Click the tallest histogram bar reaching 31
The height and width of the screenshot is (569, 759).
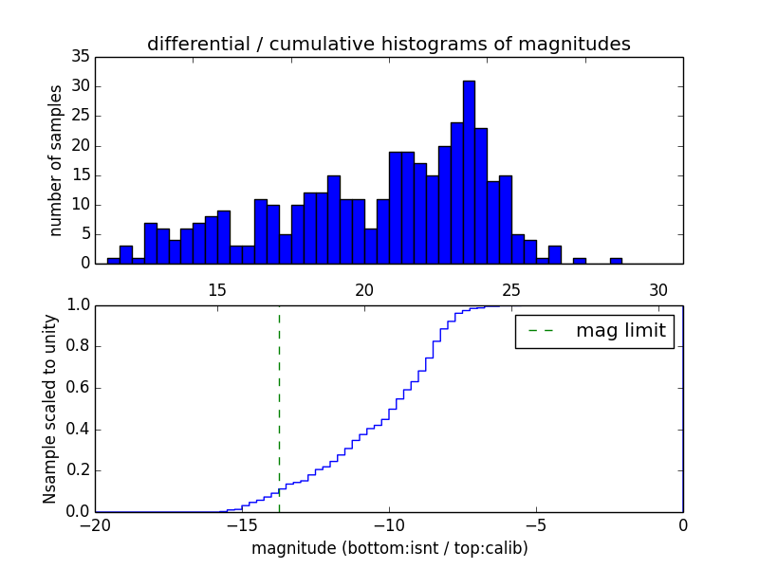pyautogui.click(x=469, y=172)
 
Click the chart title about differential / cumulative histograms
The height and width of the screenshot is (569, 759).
pyautogui.click(x=389, y=45)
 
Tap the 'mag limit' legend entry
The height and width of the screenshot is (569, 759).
pyautogui.click(x=594, y=331)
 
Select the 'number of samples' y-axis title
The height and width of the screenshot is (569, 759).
pyautogui.click(x=57, y=160)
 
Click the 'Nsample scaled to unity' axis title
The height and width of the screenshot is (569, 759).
pyautogui.click(x=49, y=408)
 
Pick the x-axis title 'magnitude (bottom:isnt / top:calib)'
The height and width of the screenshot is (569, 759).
pyautogui.click(x=389, y=549)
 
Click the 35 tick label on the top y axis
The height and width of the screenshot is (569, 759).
pyautogui.click(x=80, y=58)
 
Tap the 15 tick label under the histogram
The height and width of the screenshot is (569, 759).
pyautogui.click(x=217, y=290)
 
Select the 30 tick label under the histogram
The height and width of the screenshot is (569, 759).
pyautogui.click(x=659, y=290)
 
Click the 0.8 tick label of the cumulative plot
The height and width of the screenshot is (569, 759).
pyautogui.click(x=77, y=347)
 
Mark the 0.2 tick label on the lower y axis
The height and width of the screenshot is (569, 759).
pyautogui.click(x=77, y=471)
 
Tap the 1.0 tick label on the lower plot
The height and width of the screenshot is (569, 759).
pyautogui.click(x=77, y=305)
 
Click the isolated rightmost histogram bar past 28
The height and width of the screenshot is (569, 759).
pyautogui.click(x=616, y=261)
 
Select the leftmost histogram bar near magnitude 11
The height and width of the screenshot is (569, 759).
pyautogui.click(x=114, y=261)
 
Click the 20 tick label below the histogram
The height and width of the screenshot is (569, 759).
pyautogui.click(x=364, y=290)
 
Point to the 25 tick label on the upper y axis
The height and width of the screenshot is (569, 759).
pyautogui.click(x=80, y=117)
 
